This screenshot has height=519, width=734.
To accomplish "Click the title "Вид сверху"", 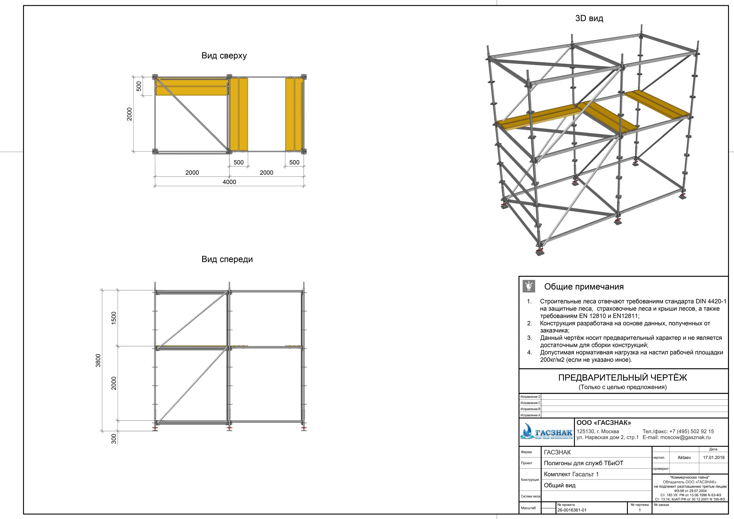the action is point(224,56).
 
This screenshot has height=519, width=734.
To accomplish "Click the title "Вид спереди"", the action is point(227,259).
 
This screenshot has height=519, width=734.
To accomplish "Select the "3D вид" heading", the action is point(589,18).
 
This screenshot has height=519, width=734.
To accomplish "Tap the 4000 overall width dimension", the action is point(229,182).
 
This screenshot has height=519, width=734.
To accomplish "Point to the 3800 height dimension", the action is point(98,361).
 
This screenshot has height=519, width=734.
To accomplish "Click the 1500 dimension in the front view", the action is point(114,318).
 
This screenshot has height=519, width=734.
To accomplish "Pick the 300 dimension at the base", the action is point(114,439).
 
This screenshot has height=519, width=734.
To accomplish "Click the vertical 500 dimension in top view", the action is point(139,86).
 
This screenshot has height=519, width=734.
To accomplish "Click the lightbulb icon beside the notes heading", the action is point(529,286).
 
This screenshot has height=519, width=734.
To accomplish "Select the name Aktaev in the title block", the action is point(684,458).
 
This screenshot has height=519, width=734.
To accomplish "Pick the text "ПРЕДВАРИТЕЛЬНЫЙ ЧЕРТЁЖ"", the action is point(622,378).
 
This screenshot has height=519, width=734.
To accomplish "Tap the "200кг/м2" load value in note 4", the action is point(554,360).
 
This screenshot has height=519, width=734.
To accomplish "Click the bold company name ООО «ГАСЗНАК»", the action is point(604,423).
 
